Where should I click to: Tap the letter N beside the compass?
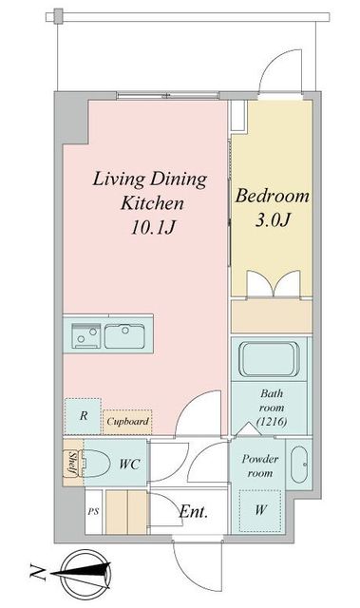point(38,573)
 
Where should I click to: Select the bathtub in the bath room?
point(269,359)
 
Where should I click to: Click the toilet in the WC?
point(95,463)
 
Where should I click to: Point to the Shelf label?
point(72,463)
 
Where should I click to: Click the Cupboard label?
point(127,421)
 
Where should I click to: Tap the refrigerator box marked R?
point(83,416)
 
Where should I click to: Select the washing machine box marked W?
point(259,510)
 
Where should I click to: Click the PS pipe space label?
point(93,511)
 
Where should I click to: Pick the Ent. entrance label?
point(194,512)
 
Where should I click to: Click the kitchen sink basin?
point(124,335)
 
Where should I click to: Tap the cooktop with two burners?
point(86,335)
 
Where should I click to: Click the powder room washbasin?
point(299,465)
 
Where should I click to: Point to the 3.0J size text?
point(273,219)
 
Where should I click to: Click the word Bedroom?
point(273,196)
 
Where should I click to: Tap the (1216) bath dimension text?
point(272,421)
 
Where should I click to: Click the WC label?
point(129,464)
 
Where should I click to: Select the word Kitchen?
point(152,202)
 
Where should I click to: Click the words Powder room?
point(260,466)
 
